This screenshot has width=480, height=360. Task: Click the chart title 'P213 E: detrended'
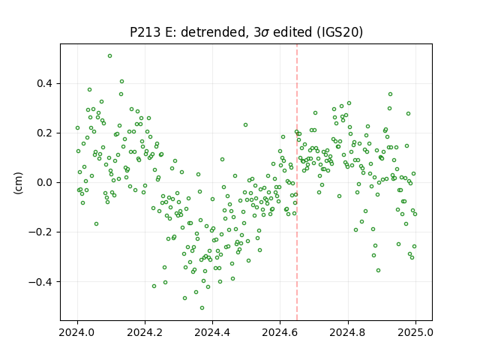[188, 32]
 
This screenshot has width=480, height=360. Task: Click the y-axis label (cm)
[18, 183]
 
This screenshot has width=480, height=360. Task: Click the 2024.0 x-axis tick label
[77, 332]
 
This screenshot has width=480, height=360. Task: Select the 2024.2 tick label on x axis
[145, 332]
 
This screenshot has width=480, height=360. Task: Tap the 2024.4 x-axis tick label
[212, 332]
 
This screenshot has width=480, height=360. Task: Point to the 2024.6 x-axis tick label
[280, 332]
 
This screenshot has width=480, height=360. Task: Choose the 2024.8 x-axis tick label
[347, 332]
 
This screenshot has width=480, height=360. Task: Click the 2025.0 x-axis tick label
[415, 332]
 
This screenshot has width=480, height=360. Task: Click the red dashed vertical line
[297, 182]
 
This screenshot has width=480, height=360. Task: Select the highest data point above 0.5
[110, 56]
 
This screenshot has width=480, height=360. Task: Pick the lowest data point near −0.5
[202, 308]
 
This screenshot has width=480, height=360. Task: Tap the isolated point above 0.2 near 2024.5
[245, 125]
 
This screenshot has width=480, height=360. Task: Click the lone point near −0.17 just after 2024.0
[97, 224]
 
